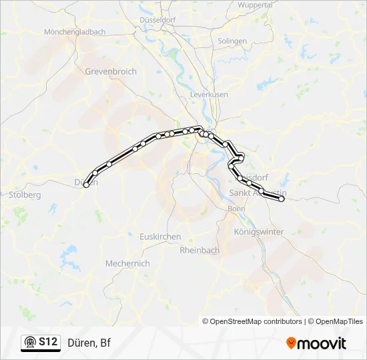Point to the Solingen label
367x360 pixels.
(232, 41)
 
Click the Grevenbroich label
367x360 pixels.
(111, 71)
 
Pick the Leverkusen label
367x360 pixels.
(210, 95)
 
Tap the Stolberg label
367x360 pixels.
(26, 195)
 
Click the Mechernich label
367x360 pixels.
(127, 263)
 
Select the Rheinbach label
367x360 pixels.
(200, 250)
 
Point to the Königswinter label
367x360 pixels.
(260, 231)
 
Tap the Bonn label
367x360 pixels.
(236, 209)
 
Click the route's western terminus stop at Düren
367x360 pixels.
(86, 185)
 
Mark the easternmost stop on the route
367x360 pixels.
(282, 199)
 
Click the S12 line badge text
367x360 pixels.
(47, 342)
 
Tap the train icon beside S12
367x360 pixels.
(29, 343)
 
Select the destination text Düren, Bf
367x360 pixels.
(89, 343)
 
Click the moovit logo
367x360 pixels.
(316, 343)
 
